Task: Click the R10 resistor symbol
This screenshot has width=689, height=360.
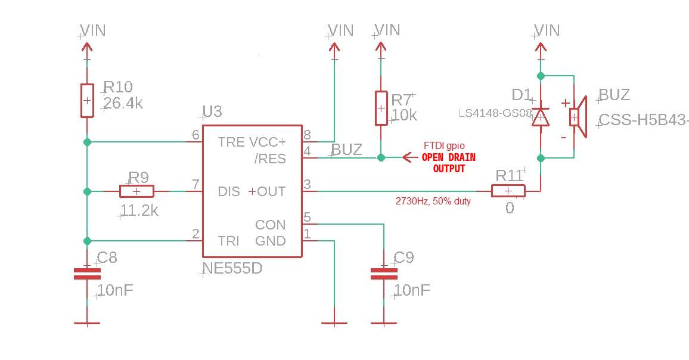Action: pyautogui.click(x=87, y=101)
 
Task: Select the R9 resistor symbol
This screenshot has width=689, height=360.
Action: pyautogui.click(x=136, y=191)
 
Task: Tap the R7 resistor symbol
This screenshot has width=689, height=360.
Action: pyautogui.click(x=381, y=108)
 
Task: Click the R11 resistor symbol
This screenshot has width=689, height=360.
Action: pyautogui.click(x=508, y=191)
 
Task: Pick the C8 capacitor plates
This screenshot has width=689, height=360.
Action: pyautogui.click(x=87, y=274)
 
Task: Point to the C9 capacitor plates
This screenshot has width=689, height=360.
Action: pyautogui.click(x=384, y=274)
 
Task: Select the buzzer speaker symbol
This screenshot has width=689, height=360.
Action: pyautogui.click(x=578, y=117)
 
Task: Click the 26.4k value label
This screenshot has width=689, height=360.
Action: pyautogui.click(x=123, y=104)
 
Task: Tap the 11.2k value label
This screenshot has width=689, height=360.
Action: pyautogui.click(x=139, y=210)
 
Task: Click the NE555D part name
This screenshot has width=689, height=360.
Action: pyautogui.click(x=232, y=268)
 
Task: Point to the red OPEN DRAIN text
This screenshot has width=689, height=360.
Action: pyautogui.click(x=449, y=157)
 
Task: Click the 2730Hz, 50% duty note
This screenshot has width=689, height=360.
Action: pyautogui.click(x=433, y=201)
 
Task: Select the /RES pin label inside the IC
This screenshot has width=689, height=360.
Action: pyautogui.click(x=270, y=159)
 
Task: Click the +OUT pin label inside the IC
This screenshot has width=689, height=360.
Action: pyautogui.click(x=267, y=192)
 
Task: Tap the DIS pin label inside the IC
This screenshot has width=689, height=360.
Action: pyautogui.click(x=228, y=192)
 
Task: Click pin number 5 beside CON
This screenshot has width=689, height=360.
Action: pyautogui.click(x=307, y=217)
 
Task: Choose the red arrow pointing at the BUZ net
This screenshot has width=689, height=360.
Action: pyautogui.click(x=410, y=157)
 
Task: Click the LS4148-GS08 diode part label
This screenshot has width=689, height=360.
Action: pyautogui.click(x=495, y=113)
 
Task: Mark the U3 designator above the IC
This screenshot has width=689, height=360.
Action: pyautogui.click(x=212, y=111)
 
